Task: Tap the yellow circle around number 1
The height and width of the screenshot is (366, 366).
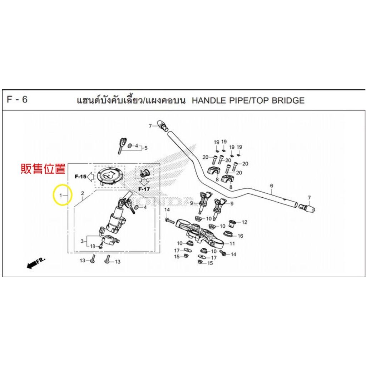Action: (x=63, y=195)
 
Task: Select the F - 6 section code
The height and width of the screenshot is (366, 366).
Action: (x=17, y=99)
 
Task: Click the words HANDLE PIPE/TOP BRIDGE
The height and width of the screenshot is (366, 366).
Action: (x=248, y=100)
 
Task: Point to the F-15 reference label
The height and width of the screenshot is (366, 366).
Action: (x=80, y=177)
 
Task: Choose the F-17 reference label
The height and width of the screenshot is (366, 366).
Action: (x=144, y=189)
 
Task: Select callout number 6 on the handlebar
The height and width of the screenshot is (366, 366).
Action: (x=272, y=186)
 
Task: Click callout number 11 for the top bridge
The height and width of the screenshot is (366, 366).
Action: (x=232, y=244)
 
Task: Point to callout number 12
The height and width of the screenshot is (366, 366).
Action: (x=244, y=222)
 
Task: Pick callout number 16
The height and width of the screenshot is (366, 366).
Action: (x=240, y=236)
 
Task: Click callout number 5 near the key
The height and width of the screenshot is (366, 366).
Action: (x=145, y=148)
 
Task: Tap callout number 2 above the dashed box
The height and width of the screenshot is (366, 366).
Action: (x=83, y=193)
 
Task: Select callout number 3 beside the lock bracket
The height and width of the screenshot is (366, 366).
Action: (x=82, y=241)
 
